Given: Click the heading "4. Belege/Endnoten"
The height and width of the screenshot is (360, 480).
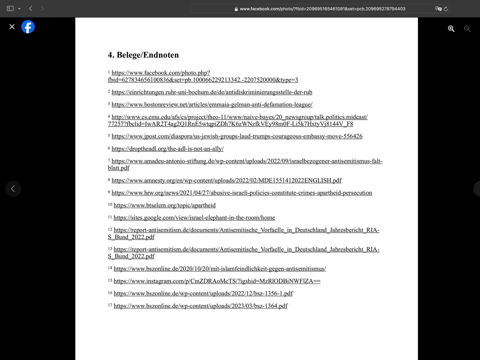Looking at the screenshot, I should (x=143, y=55).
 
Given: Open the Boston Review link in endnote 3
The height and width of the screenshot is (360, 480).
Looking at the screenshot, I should (x=212, y=105).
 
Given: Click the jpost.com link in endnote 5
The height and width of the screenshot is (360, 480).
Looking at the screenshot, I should (x=237, y=136).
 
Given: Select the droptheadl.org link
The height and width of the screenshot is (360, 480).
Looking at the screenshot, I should (x=167, y=149).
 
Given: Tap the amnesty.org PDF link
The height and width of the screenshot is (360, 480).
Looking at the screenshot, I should (x=226, y=180).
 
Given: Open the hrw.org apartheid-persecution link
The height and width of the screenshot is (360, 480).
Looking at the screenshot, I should (x=242, y=193).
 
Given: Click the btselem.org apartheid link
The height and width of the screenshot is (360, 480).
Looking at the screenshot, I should (x=164, y=205).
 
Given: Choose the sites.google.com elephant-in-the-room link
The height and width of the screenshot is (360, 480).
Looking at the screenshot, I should (x=194, y=218).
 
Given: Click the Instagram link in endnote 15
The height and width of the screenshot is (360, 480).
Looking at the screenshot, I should (x=217, y=281).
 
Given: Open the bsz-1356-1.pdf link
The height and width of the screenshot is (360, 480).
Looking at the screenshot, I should (x=203, y=293).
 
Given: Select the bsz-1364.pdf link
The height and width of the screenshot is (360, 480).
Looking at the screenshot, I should (x=200, y=306).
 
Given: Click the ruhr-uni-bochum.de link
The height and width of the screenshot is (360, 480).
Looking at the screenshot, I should (x=212, y=92).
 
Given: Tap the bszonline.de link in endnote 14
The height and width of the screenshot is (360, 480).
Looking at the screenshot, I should (x=220, y=268).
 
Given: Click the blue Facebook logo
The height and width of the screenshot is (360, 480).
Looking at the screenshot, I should (x=28, y=27).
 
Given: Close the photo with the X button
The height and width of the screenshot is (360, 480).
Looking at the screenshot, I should (x=12, y=27).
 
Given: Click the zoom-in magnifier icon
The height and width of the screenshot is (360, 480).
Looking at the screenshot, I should (x=451, y=28).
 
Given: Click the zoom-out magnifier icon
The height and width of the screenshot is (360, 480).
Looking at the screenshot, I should (x=467, y=28).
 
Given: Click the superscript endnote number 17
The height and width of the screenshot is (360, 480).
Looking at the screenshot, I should (x=110, y=305).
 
